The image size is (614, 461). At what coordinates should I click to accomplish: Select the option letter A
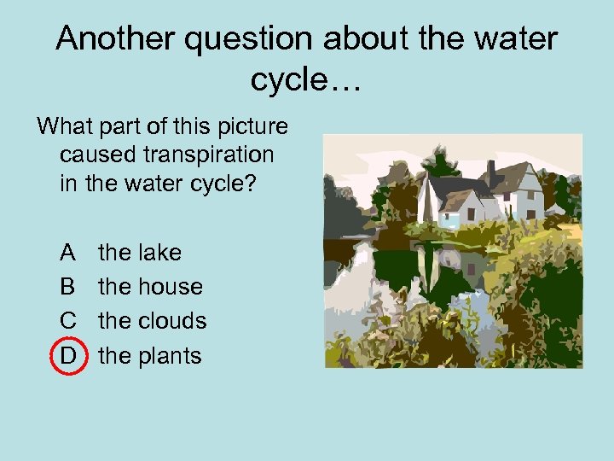click(x=68, y=253)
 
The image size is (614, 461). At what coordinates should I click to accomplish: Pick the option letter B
click(x=68, y=287)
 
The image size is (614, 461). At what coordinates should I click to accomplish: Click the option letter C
click(x=68, y=321)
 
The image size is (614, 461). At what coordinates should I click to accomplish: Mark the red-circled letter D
click(x=68, y=355)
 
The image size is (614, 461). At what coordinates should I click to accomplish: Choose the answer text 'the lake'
click(x=140, y=253)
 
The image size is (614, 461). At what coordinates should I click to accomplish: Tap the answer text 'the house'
click(x=150, y=287)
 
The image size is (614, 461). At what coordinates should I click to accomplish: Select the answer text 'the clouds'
click(x=153, y=321)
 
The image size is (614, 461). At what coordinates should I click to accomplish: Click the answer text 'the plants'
click(x=150, y=355)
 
